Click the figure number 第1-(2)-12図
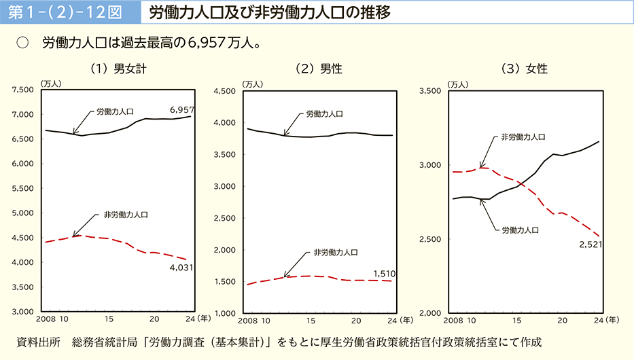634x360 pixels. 63,13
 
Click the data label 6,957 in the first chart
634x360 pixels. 182,109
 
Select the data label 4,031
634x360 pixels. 181,267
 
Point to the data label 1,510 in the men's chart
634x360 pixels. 384,274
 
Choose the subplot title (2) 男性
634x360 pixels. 318,68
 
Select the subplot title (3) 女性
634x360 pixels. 523,68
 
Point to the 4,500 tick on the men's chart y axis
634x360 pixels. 226,91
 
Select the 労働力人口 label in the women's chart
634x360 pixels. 520,230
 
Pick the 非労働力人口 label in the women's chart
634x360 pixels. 523,137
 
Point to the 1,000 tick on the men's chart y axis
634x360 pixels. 226,313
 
